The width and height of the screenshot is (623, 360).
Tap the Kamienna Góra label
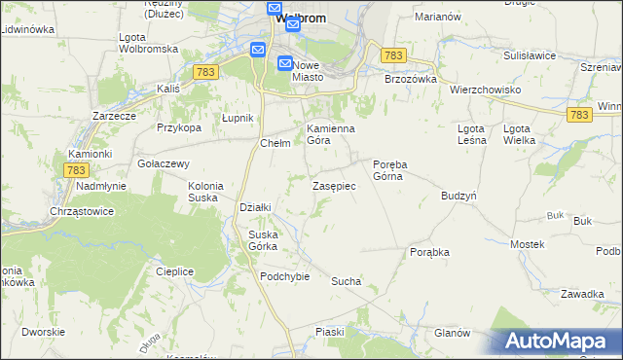tap(331, 134)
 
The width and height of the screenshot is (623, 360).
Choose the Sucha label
tap(346, 281)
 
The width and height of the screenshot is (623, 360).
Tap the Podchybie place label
tap(284, 275)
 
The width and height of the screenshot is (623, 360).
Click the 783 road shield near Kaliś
tap(205, 72)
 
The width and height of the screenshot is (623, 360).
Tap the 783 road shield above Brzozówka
tap(393, 56)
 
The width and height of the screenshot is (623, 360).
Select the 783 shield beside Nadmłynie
tap(77, 169)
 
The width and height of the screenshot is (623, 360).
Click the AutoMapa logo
tap(560, 341)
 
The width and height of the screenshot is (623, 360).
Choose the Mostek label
tap(527, 244)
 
